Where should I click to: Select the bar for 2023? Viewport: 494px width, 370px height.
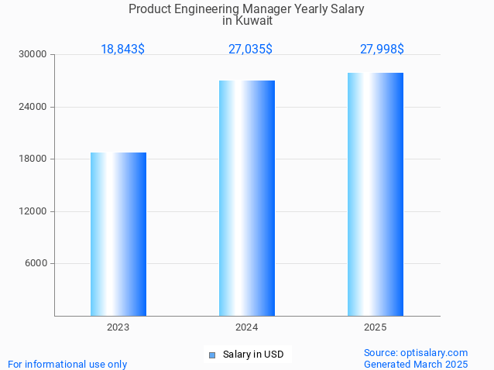pos(118,234)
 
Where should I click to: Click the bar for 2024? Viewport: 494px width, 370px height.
pos(247,198)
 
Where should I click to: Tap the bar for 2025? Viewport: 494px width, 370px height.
pos(376,194)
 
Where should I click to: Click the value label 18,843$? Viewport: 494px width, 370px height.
pos(122,50)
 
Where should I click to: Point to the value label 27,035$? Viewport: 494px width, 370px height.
pos(250,50)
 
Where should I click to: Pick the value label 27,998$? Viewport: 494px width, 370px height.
pos(382,50)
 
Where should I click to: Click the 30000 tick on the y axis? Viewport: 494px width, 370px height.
pos(33,55)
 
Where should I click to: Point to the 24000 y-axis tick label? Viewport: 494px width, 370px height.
pos(33,107)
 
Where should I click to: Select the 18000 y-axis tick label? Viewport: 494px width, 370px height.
pos(33,159)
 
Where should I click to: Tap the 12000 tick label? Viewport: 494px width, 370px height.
pos(33,211)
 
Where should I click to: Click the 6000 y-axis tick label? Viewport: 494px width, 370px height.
pos(36,264)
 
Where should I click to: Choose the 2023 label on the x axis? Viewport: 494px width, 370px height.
pos(118,327)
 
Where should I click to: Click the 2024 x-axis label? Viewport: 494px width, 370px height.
pos(247,327)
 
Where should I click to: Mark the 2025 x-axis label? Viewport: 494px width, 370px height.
pos(376,327)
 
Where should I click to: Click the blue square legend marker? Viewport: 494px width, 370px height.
pos(211,355)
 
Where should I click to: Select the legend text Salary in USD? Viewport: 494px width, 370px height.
pos(253,355)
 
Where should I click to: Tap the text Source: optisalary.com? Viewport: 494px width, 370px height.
pos(416,353)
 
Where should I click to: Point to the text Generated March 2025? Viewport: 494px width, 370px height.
pos(416,364)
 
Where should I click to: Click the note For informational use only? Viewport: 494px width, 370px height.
pos(67,364)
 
